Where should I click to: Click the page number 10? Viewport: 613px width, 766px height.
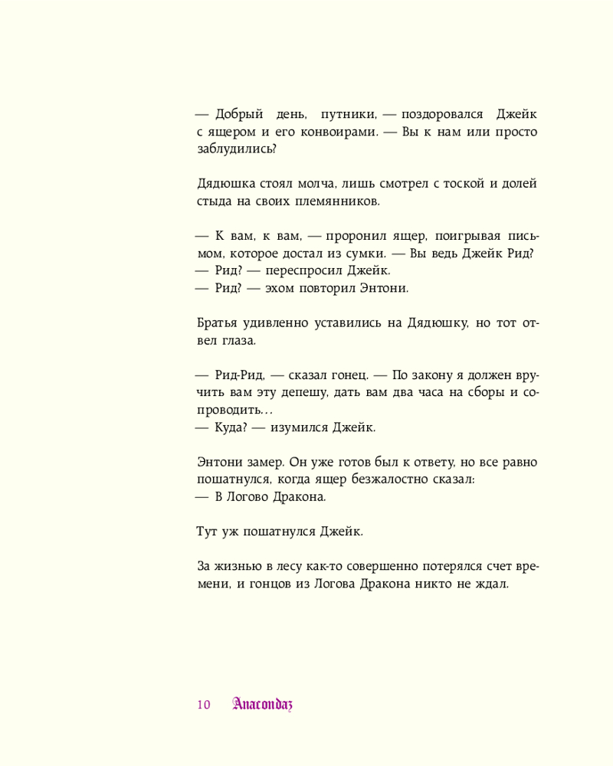point(203,705)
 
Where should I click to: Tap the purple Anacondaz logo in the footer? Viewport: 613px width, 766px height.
point(262,704)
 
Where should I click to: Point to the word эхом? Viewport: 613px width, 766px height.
point(281,289)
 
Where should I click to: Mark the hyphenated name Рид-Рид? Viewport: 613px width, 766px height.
point(239,375)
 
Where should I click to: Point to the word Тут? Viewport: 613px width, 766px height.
point(209,532)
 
